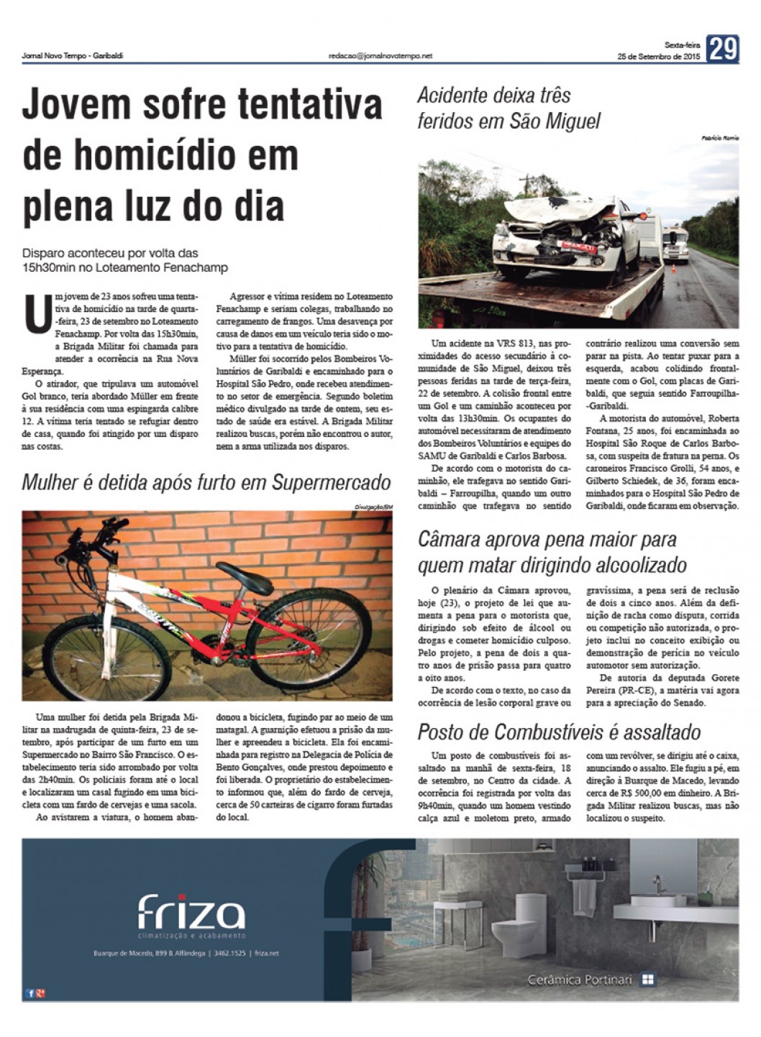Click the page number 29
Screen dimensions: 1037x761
(722, 49)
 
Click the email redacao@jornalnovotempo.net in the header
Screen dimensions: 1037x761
(380, 55)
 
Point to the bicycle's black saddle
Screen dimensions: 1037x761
(245, 568)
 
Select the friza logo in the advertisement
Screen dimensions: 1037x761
(191, 913)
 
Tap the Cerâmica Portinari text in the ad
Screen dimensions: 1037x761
(580, 980)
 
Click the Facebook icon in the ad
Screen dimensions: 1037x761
(29, 993)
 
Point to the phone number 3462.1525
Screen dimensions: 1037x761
(230, 953)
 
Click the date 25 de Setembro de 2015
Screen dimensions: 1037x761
(660, 57)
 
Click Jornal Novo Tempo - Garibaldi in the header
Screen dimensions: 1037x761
(73, 55)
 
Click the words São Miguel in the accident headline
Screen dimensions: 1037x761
(555, 121)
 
